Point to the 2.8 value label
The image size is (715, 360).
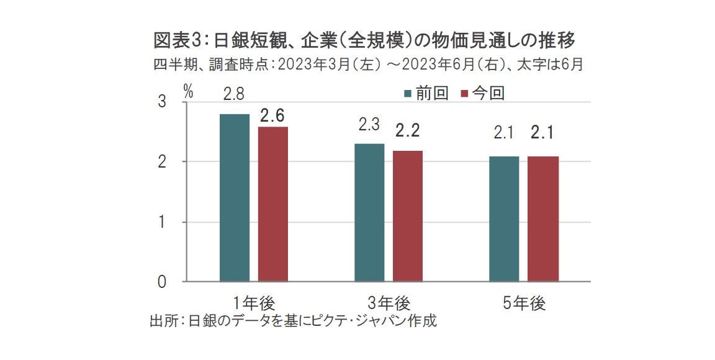click(x=234, y=94)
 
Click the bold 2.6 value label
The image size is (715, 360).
click(x=272, y=115)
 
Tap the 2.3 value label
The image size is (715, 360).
click(x=369, y=125)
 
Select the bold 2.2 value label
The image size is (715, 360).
click(x=408, y=132)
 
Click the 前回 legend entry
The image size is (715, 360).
click(x=426, y=93)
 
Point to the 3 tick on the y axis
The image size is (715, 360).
click(x=163, y=102)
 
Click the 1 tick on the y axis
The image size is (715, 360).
click(x=163, y=222)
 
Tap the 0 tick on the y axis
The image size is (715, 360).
click(x=163, y=282)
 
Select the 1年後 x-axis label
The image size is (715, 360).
click(x=254, y=304)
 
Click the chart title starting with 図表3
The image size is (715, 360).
click(x=365, y=41)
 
